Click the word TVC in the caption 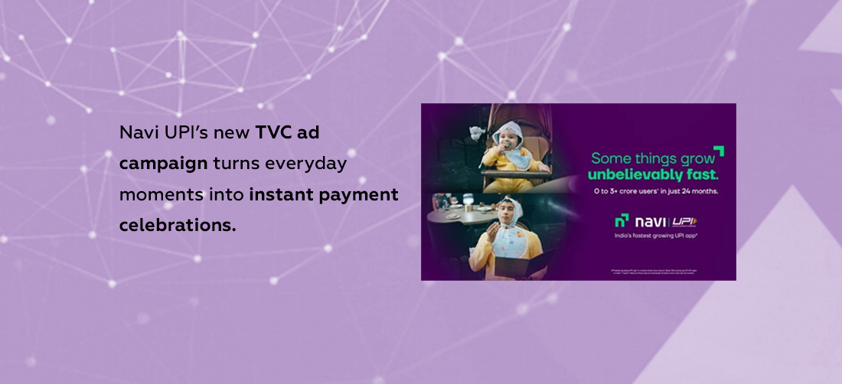click(277, 132)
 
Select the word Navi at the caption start click(135, 132)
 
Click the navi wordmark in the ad click(651, 223)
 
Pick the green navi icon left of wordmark click(622, 222)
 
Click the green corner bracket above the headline click(718, 151)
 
